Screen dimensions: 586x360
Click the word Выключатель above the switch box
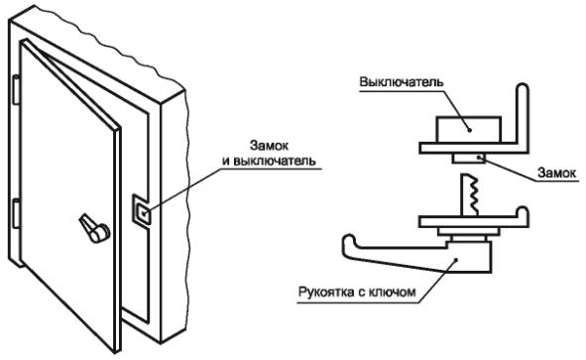tap(402, 82)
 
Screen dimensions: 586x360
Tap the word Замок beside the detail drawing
tap(556, 173)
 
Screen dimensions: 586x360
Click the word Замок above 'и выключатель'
tap(269, 146)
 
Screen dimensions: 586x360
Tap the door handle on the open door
tap(94, 228)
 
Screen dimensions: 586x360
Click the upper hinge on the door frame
tap(16, 89)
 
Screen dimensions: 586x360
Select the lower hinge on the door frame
tap(16, 213)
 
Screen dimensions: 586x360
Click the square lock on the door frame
tap(142, 209)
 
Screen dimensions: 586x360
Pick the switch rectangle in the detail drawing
tap(469, 129)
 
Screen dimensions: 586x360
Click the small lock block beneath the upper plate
tap(469, 158)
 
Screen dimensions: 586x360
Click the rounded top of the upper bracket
tap(523, 88)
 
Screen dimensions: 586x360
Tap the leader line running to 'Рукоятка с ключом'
tap(437, 281)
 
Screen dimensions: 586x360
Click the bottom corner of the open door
tap(115, 352)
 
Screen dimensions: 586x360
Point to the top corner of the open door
tap(24, 41)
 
